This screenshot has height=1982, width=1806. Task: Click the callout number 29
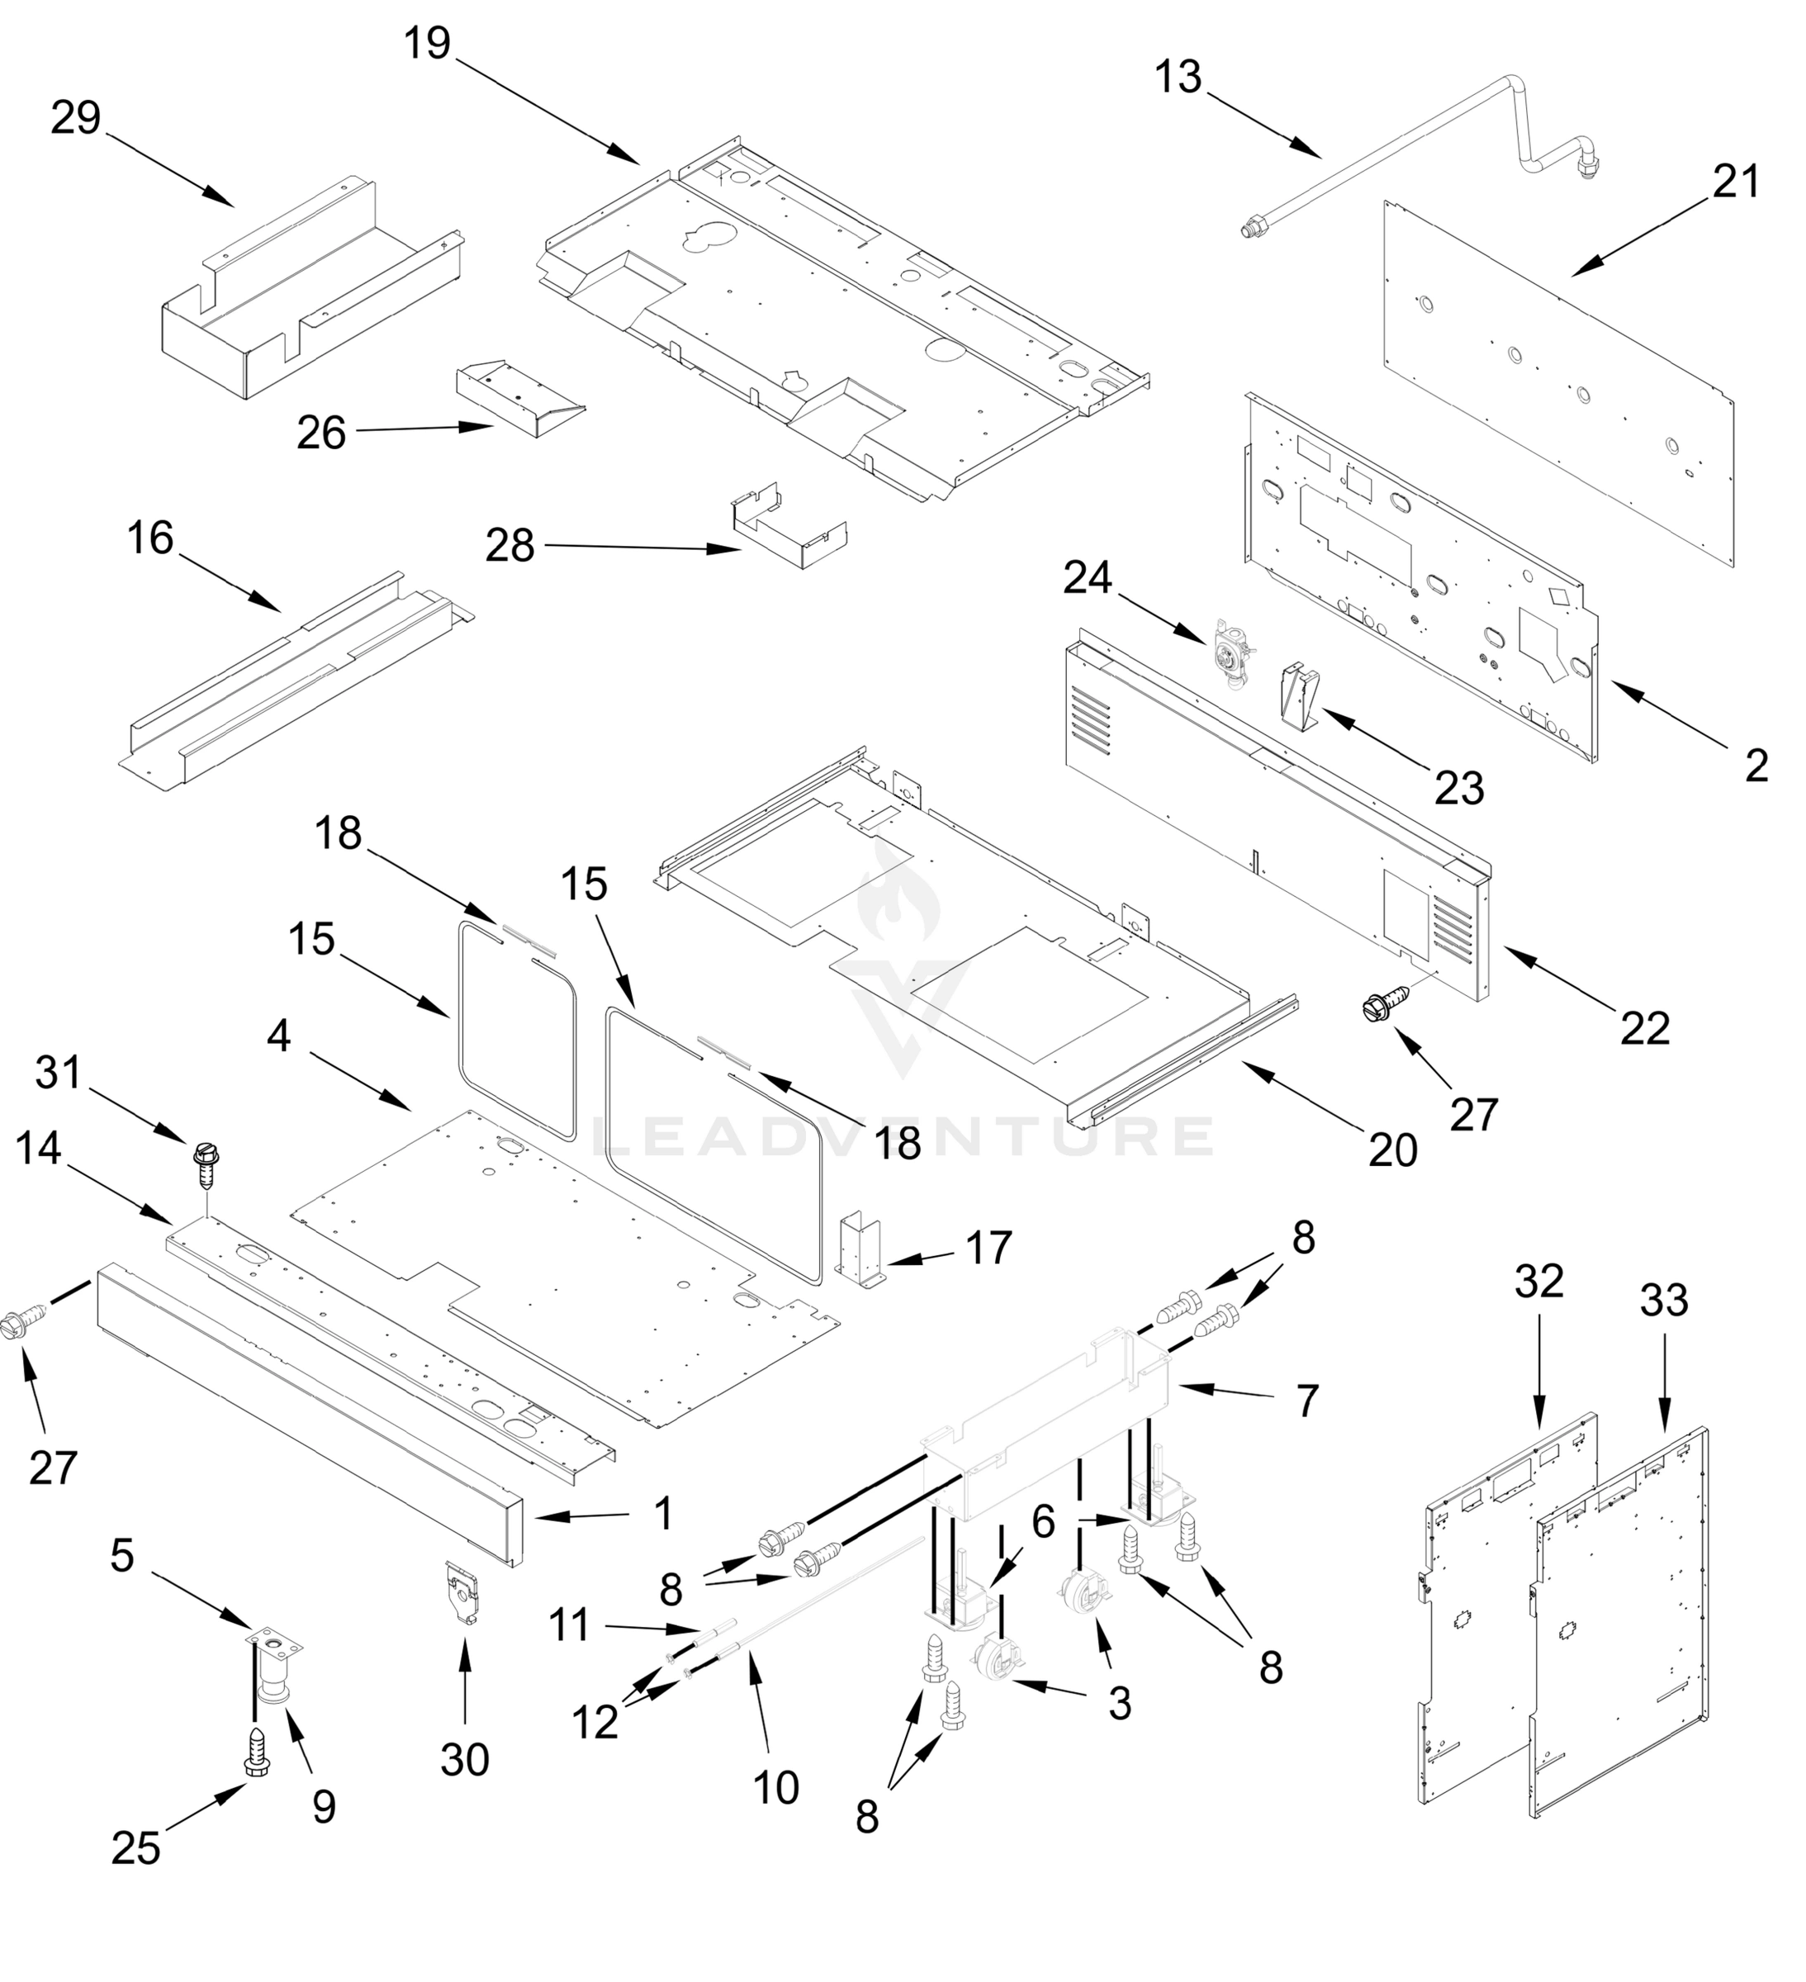[x=76, y=118]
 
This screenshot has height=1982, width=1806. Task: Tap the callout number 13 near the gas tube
[x=1178, y=77]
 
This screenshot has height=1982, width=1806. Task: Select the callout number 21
[x=1735, y=182]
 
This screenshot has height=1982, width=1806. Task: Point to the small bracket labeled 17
[x=858, y=1249]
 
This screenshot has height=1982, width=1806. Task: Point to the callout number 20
[x=1393, y=1150]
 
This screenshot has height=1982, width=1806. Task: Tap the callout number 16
[x=150, y=538]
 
